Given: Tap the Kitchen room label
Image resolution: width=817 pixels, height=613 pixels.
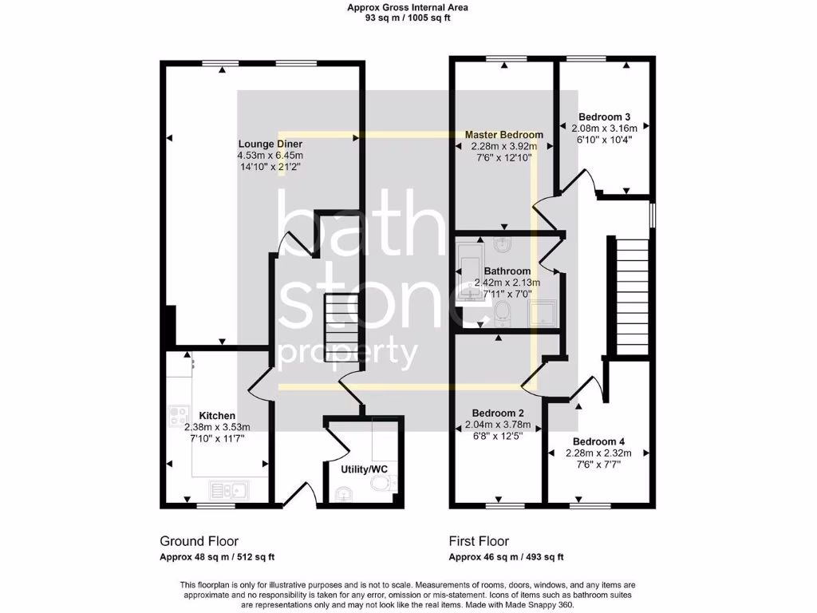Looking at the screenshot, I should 217,416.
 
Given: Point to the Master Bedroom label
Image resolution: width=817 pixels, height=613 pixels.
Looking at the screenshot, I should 504,135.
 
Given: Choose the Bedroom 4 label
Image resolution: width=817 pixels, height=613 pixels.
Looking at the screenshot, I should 598,441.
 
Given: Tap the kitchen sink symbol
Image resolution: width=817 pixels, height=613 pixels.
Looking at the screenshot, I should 229,488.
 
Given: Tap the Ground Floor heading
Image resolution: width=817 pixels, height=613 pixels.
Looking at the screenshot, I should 199,541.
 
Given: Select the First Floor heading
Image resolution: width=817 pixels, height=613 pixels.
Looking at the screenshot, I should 479,541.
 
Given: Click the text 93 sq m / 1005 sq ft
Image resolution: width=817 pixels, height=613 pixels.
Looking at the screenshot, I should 408,18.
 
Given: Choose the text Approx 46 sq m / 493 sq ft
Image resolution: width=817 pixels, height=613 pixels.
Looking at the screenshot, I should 507,557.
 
